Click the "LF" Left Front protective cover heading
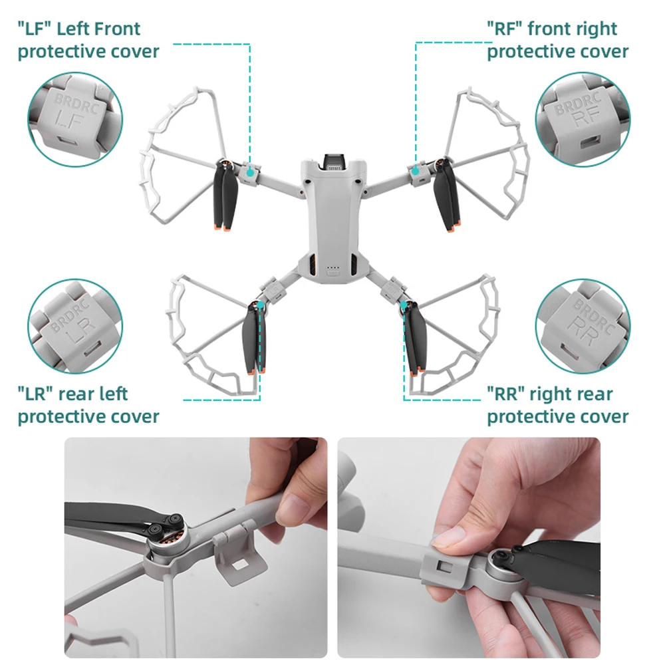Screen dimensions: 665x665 pyautogui.click(x=88, y=40)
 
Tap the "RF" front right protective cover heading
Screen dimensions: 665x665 pyautogui.click(x=558, y=40)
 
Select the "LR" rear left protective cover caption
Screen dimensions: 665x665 pyautogui.click(x=88, y=405)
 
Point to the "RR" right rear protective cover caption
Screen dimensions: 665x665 pyautogui.click(x=558, y=405)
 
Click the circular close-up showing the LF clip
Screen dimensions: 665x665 pyautogui.click(x=75, y=120)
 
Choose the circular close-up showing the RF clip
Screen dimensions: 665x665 pyautogui.click(x=583, y=120)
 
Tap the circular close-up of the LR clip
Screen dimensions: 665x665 pyautogui.click(x=75, y=326)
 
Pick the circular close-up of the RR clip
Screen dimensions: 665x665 pyautogui.click(x=583, y=326)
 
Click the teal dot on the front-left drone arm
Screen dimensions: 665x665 pyautogui.click(x=250, y=173)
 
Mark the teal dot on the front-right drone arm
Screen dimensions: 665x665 pyautogui.click(x=416, y=171)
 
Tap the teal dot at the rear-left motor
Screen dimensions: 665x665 pyautogui.click(x=261, y=305)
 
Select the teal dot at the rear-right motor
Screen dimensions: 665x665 pyautogui.click(x=404, y=305)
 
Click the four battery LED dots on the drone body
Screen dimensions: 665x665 pyautogui.click(x=333, y=267)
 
